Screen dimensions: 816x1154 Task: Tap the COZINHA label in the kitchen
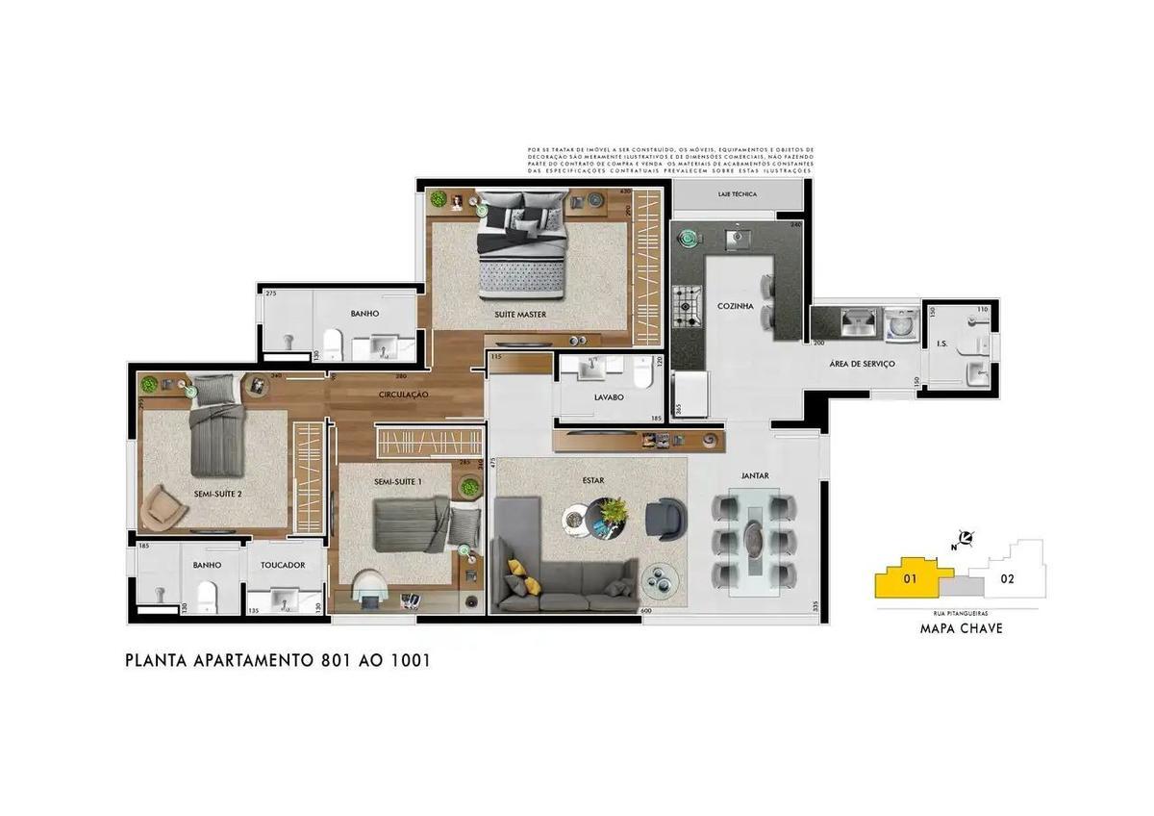click(x=735, y=307)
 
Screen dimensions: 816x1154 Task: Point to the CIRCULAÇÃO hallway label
click(x=403, y=395)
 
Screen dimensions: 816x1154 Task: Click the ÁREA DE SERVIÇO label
click(x=862, y=364)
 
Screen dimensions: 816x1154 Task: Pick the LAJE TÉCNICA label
click(x=737, y=195)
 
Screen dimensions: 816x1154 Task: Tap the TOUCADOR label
click(x=283, y=566)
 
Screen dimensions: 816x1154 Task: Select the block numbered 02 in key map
click(x=1007, y=579)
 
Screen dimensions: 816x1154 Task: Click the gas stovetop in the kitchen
click(x=688, y=304)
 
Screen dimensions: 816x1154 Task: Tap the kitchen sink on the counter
click(x=737, y=236)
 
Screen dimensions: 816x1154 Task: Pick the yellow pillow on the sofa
click(x=517, y=568)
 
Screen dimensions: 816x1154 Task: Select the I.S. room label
click(x=941, y=344)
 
